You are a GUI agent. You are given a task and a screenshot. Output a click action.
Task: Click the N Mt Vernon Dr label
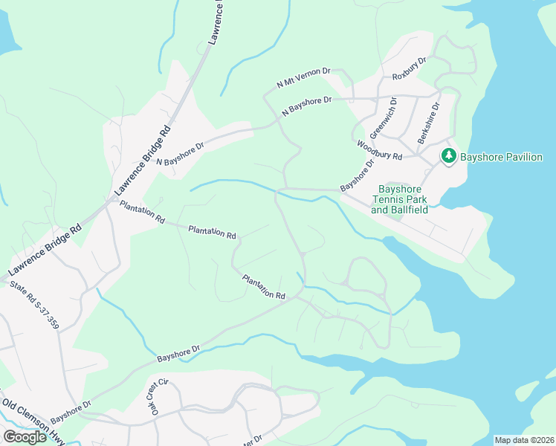pyautogui.click(x=303, y=77)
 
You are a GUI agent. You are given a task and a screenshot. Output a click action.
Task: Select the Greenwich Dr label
pyautogui.click(x=384, y=119)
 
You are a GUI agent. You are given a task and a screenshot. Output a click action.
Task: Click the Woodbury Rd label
pyautogui.click(x=379, y=150)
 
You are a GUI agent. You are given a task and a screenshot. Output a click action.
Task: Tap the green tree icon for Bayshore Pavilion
pyautogui.click(x=448, y=156)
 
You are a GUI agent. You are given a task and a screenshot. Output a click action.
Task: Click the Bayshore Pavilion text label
pyautogui.click(x=502, y=157)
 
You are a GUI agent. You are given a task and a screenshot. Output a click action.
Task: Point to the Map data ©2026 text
pyautogui.click(x=523, y=440)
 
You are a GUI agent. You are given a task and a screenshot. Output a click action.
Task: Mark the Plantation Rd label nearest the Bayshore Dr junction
pyautogui.click(x=264, y=287)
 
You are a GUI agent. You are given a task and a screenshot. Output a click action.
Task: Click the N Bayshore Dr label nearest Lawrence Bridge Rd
pyautogui.click(x=179, y=154)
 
